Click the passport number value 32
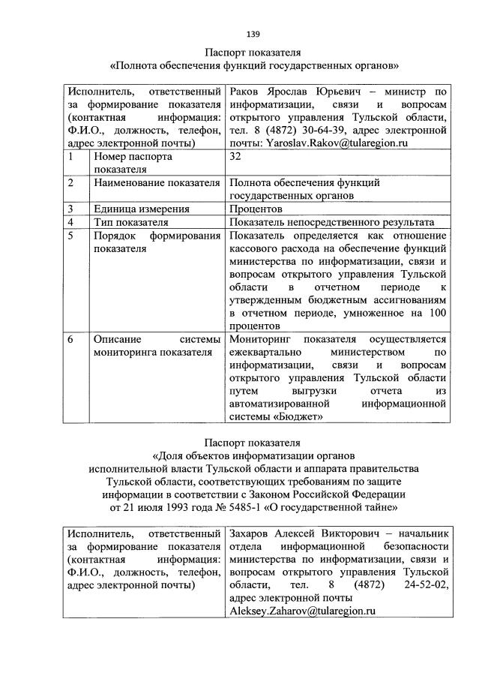236,157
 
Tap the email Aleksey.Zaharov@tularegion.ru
301,611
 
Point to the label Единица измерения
141,209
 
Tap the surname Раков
247,92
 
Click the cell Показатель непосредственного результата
332,222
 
